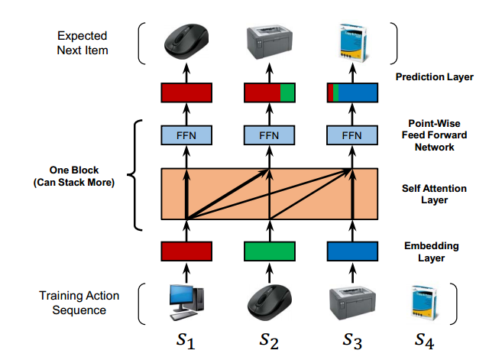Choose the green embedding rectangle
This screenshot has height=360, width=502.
[269, 251]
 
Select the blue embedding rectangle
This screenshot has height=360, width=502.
[352, 251]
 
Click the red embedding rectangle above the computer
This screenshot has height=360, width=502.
[186, 251]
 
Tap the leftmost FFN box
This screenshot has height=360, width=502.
[186, 135]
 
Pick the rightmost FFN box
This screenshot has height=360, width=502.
[352, 135]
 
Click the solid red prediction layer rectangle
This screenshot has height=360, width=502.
[186, 92]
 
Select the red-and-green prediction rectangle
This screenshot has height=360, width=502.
[269, 92]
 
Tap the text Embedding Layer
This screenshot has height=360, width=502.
[434, 251]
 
